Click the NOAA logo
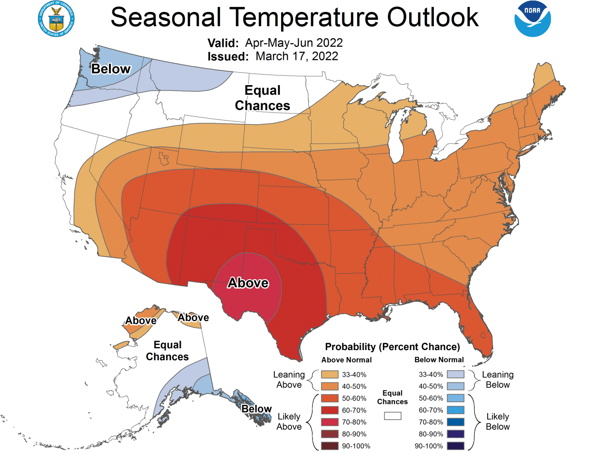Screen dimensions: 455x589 click(x=532, y=19)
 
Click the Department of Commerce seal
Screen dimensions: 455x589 click(x=56, y=19)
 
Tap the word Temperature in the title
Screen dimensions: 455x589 click(x=304, y=17)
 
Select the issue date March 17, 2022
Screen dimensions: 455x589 click(x=297, y=56)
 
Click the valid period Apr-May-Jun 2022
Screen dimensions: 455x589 click(x=294, y=43)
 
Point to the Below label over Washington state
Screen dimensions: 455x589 click(x=111, y=69)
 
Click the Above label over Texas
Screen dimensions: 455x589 click(x=248, y=282)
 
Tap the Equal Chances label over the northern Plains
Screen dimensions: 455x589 click(x=262, y=98)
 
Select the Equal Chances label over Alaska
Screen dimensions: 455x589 click(x=167, y=351)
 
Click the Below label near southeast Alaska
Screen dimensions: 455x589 click(x=256, y=409)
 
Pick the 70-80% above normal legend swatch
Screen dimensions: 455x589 click(x=329, y=422)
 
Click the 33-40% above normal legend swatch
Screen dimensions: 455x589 click(x=329, y=374)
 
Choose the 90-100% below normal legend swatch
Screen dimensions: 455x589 click(x=455, y=446)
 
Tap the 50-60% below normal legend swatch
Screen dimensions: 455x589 click(x=455, y=398)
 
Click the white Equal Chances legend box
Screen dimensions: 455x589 click(x=393, y=416)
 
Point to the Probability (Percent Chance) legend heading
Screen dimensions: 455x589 click(x=392, y=347)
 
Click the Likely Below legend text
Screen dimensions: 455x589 click(x=497, y=421)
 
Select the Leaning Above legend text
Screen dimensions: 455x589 click(x=289, y=380)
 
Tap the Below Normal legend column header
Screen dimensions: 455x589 click(x=439, y=360)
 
